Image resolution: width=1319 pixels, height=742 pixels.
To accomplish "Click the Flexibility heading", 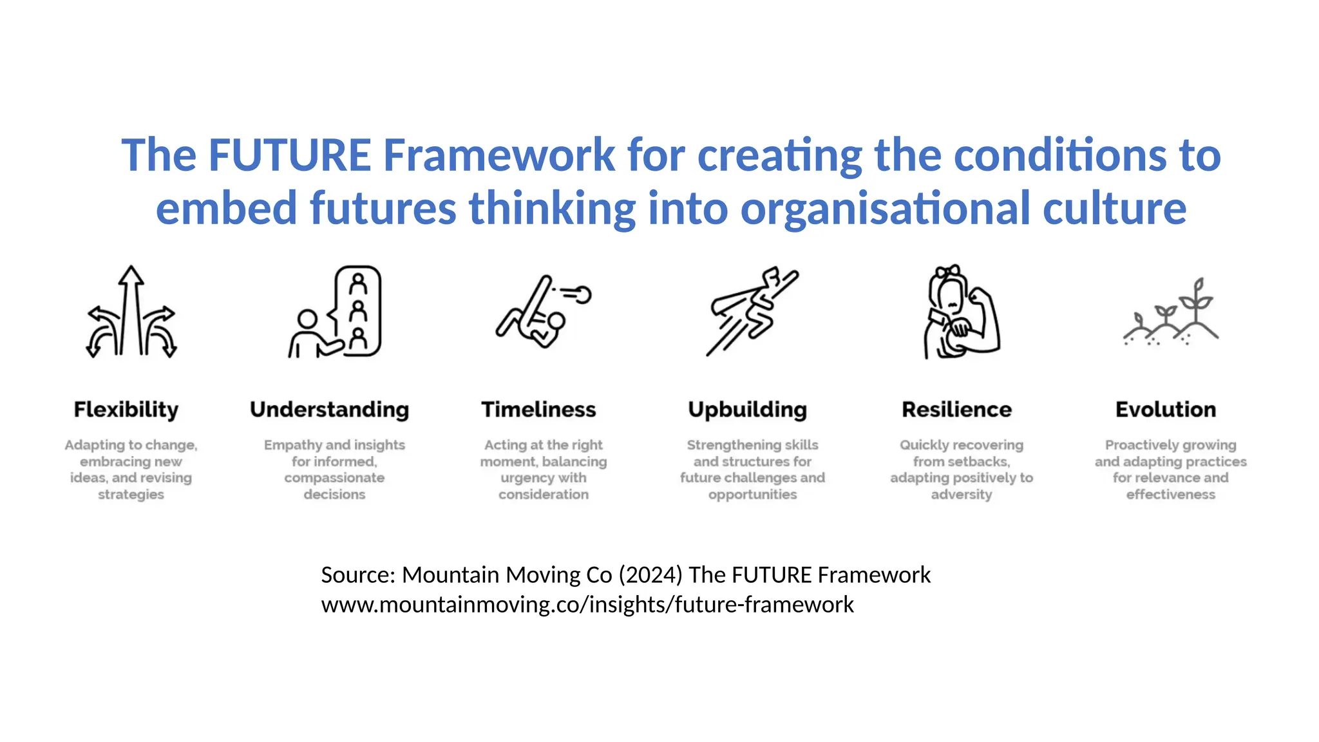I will [x=126, y=410].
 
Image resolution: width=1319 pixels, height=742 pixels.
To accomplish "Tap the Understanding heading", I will [x=329, y=410].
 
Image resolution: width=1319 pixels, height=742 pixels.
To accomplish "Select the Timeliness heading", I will [x=538, y=410].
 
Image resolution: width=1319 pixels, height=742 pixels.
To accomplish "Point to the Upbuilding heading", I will [x=747, y=410].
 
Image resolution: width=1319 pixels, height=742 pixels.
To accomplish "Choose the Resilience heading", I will [x=956, y=410].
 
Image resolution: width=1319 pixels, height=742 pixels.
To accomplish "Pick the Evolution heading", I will [x=1166, y=410].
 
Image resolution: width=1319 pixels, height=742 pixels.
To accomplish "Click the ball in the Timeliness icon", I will [x=582, y=295].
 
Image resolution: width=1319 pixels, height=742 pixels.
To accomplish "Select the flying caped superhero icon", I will [x=752, y=312].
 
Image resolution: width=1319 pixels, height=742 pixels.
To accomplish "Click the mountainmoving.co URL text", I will [x=587, y=605].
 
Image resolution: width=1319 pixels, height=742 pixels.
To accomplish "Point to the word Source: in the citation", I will [x=358, y=575].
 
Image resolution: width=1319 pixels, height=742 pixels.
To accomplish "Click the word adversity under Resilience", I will [x=961, y=495].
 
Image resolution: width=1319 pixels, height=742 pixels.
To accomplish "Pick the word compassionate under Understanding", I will [x=334, y=478].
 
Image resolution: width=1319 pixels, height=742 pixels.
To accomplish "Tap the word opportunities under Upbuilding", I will [x=752, y=495].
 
